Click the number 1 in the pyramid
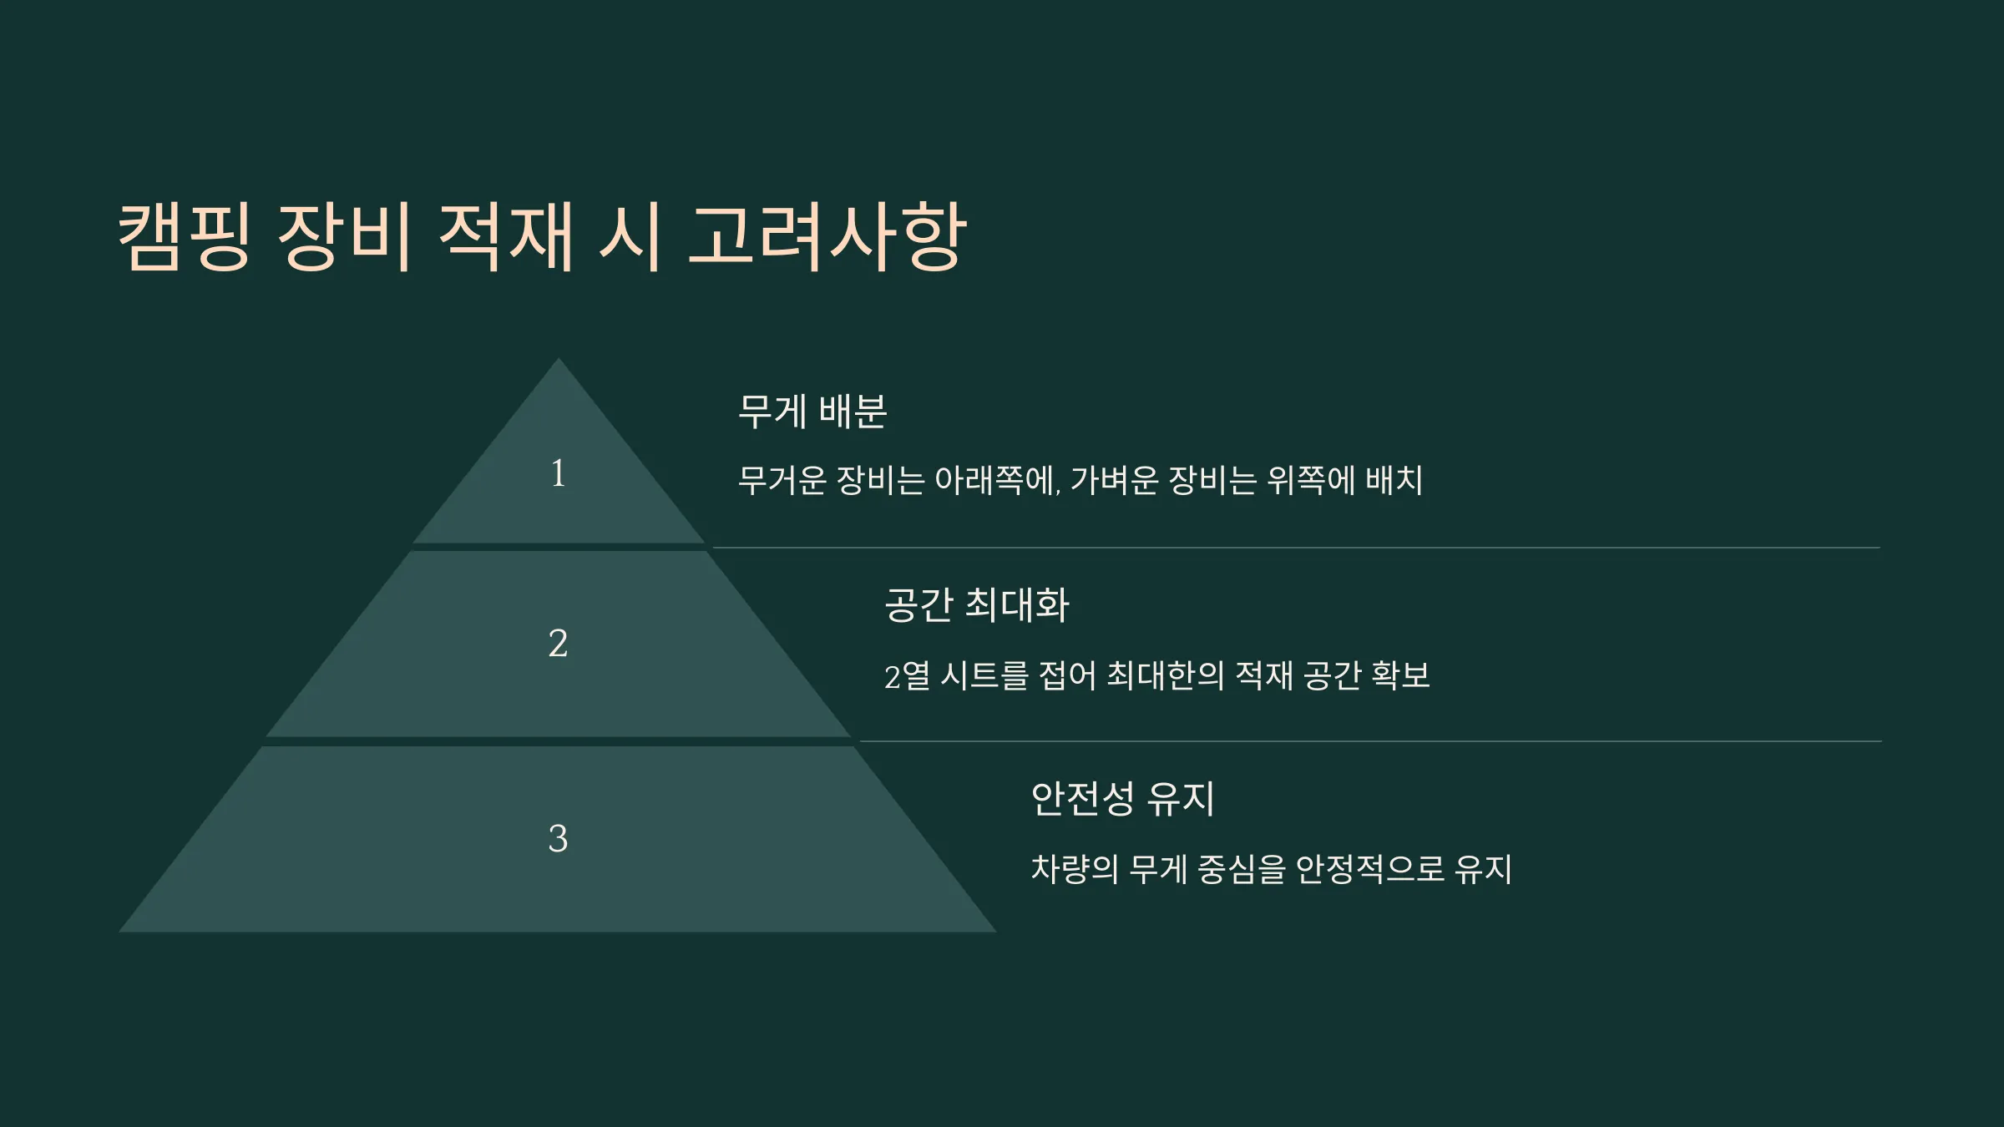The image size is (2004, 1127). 558,473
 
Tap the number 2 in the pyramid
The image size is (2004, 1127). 558,643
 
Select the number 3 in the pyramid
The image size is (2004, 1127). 558,837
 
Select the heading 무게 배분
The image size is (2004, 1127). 812,411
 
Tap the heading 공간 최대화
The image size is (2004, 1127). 976,604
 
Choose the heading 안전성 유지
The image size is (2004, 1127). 1122,798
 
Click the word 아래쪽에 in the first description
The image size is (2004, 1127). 997,480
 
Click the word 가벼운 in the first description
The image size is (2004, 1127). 1115,480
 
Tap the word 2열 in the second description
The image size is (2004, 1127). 907,675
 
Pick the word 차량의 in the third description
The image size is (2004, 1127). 1075,869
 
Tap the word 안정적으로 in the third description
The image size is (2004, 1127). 1369,869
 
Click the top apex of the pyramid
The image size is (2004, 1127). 559,359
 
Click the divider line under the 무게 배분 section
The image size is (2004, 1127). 1296,548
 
